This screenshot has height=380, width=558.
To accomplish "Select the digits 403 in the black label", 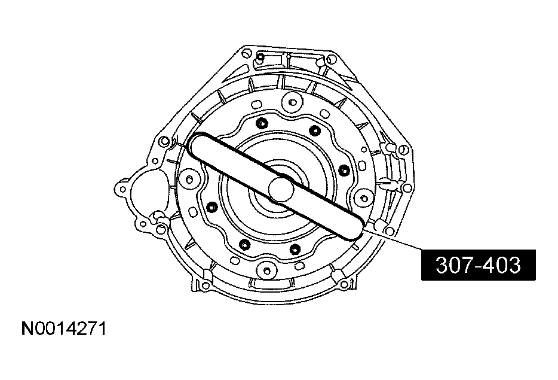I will click(x=500, y=265).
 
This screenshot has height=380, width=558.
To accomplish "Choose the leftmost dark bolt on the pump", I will click(x=211, y=207).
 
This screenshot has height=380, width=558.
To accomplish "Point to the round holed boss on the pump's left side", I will click(x=190, y=178).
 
